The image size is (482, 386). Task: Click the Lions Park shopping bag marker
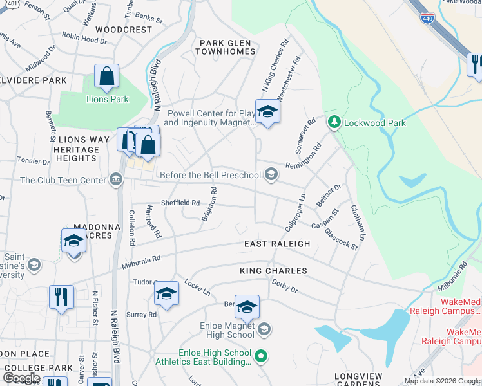click(x=106, y=76)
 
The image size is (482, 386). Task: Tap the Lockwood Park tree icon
click(x=334, y=122)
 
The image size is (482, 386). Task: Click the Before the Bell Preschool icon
click(x=272, y=174)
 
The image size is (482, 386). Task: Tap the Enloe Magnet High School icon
click(x=263, y=330)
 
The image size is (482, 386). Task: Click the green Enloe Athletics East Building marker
click(x=260, y=354)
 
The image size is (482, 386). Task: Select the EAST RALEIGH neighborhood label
click(x=277, y=244)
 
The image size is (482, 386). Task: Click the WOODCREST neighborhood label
click(x=124, y=30)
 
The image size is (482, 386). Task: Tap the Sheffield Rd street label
click(x=180, y=202)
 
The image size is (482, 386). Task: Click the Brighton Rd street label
click(x=209, y=204)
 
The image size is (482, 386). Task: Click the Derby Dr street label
click(x=284, y=285)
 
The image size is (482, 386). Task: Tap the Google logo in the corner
click(x=21, y=378)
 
